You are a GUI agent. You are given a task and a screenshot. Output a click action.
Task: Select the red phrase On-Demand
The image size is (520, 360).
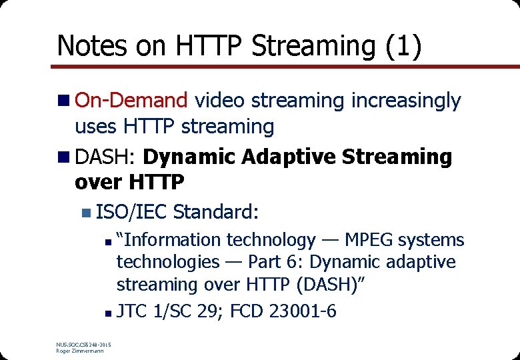(131, 101)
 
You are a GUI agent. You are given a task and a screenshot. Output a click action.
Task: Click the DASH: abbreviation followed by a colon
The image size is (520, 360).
(105, 157)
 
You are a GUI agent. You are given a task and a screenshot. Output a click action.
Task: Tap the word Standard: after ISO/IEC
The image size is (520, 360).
(215, 212)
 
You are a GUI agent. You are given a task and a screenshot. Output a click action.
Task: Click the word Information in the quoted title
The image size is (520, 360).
(170, 239)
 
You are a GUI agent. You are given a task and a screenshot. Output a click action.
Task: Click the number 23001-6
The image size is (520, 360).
(302, 310)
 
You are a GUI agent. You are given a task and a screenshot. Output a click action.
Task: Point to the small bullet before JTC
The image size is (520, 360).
(109, 311)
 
